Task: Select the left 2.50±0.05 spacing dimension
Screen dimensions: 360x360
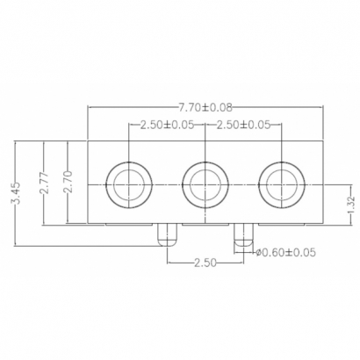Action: click(166, 124)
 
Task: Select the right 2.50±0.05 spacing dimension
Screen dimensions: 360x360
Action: click(242, 124)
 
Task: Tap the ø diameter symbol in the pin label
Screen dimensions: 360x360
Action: click(258, 253)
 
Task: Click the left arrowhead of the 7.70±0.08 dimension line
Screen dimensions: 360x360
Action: click(90, 107)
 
